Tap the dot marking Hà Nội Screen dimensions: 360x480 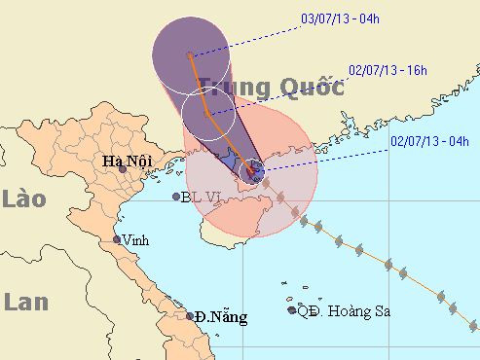(123, 168)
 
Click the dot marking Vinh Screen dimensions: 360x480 (117, 239)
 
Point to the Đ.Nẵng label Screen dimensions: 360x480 (221, 316)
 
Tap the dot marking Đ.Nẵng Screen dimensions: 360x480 (190, 316)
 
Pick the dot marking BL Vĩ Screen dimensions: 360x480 (176, 197)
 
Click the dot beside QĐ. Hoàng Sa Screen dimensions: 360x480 (292, 310)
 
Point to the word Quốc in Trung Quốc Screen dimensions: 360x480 (312, 88)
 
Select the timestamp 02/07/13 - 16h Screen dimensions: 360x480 (388, 70)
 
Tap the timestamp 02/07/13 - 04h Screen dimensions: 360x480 (428, 141)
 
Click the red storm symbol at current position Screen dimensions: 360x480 (252, 173)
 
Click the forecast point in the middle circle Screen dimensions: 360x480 (208, 114)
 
